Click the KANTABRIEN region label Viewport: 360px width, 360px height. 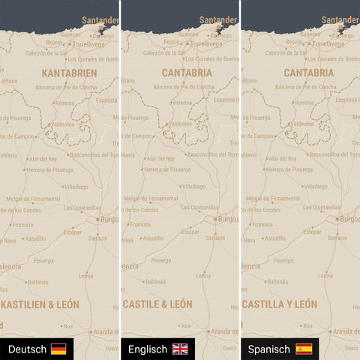pyautogui.click(x=69, y=73)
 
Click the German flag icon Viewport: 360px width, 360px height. pyautogui.click(x=58, y=349)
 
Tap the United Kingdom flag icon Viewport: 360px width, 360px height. pyautogui.click(x=180, y=349)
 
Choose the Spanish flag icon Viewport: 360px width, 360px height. pyautogui.click(x=304, y=349)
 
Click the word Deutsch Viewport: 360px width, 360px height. pyautogui.click(x=27, y=349)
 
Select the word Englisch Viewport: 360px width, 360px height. pyautogui.click(x=148, y=349)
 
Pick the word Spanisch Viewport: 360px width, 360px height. pyautogui.click(x=270, y=349)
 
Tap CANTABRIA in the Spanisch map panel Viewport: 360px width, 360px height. pyautogui.click(x=309, y=73)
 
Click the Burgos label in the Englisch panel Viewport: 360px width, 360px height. pyautogui.click(x=227, y=219)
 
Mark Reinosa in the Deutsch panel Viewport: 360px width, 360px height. pyautogui.click(x=64, y=103)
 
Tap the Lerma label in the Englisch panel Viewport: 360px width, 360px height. pyautogui.click(x=203, y=275)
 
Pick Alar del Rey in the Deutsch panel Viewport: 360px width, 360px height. pyautogui.click(x=43, y=159)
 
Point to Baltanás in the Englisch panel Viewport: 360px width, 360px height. pyautogui.click(x=155, y=282)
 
